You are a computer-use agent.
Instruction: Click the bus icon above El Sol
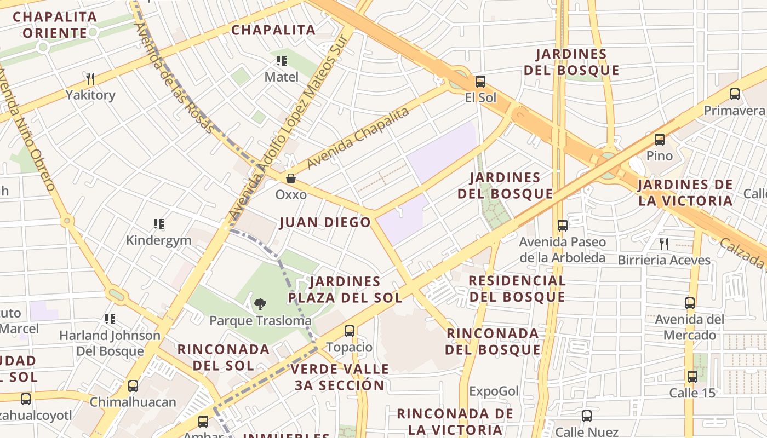(x=480, y=82)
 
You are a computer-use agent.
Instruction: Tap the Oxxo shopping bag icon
(x=291, y=178)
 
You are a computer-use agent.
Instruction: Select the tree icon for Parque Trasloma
(x=260, y=304)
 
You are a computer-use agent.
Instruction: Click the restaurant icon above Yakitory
(x=90, y=79)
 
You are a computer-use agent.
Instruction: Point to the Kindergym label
(x=158, y=240)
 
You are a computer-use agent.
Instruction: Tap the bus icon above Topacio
(x=350, y=331)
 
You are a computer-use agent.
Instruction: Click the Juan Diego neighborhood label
(x=325, y=222)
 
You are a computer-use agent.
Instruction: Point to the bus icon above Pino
(x=660, y=140)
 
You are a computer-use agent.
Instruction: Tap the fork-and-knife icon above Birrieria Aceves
(x=664, y=244)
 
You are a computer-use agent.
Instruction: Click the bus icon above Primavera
(x=735, y=94)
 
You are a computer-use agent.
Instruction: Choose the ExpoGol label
(x=494, y=391)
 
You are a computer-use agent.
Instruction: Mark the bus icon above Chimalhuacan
(x=133, y=386)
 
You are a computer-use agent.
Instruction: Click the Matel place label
(x=282, y=77)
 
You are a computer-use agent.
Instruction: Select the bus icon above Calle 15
(x=692, y=377)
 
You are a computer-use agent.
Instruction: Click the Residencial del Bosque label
(x=517, y=289)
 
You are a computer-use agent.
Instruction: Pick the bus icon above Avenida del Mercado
(x=690, y=303)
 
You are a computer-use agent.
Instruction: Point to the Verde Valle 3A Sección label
(x=340, y=377)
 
